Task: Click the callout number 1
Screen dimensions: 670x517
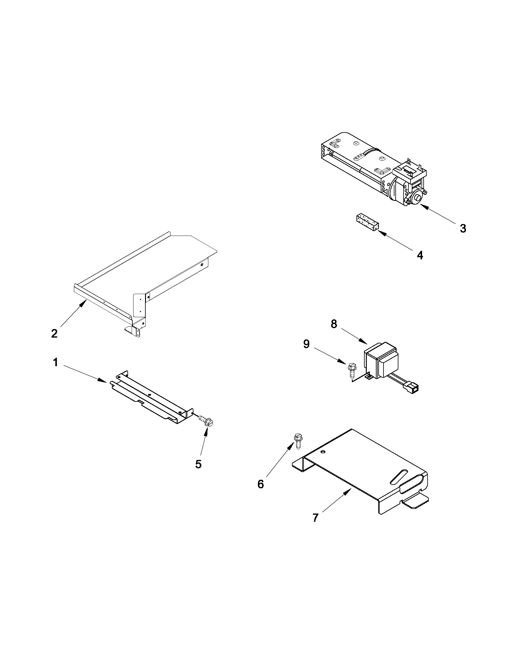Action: [x=55, y=363]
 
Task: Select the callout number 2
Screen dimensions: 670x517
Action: [x=54, y=333]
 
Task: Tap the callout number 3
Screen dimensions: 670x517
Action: [x=463, y=228]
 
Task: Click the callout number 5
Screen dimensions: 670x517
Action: [x=198, y=464]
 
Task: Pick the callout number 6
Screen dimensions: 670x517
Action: [x=261, y=484]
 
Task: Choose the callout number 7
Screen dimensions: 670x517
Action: [x=316, y=518]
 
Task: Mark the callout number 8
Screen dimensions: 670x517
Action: [x=334, y=324]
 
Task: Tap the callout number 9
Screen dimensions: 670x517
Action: [x=306, y=344]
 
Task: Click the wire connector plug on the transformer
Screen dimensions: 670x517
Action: [x=413, y=388]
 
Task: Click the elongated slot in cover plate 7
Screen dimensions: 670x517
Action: [x=399, y=476]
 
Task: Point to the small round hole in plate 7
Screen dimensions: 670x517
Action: [x=323, y=451]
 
